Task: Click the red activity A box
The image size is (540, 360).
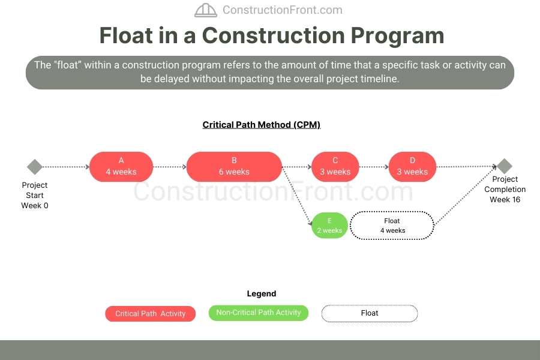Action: point(121,166)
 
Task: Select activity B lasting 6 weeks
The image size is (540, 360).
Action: point(234,166)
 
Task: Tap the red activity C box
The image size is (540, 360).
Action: point(335,166)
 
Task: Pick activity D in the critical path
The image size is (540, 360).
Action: point(412,166)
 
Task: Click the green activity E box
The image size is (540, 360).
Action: point(329,226)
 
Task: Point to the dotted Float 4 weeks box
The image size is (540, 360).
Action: point(392,226)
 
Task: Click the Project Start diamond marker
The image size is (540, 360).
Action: point(35,167)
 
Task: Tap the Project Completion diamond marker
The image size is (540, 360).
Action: point(505,166)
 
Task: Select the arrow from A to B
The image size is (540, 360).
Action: point(169,167)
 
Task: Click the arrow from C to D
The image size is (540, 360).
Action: point(373,167)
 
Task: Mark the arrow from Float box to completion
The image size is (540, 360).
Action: point(466,195)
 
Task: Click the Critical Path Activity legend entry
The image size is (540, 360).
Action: point(151,314)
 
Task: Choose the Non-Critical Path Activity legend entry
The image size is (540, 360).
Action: point(259,313)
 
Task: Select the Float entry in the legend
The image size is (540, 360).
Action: point(370,313)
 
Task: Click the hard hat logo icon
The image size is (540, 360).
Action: point(206,10)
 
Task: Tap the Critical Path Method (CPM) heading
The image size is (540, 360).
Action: point(262,125)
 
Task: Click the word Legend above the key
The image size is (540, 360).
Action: point(262,294)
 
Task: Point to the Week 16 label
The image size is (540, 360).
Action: point(505,200)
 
